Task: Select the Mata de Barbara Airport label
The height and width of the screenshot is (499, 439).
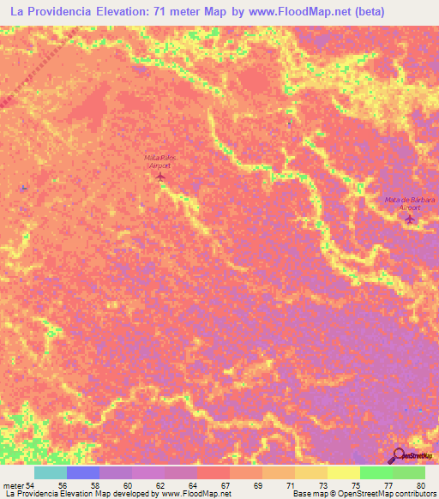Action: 410,203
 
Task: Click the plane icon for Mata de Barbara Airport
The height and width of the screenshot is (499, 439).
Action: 409,219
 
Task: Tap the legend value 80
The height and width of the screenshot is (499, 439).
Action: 419,486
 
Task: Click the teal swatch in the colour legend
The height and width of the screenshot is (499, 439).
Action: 50,472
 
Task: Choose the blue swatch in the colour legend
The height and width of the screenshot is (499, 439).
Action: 82,472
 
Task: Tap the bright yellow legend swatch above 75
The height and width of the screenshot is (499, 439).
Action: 343,472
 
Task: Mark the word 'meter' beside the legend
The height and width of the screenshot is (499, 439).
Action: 14,486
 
